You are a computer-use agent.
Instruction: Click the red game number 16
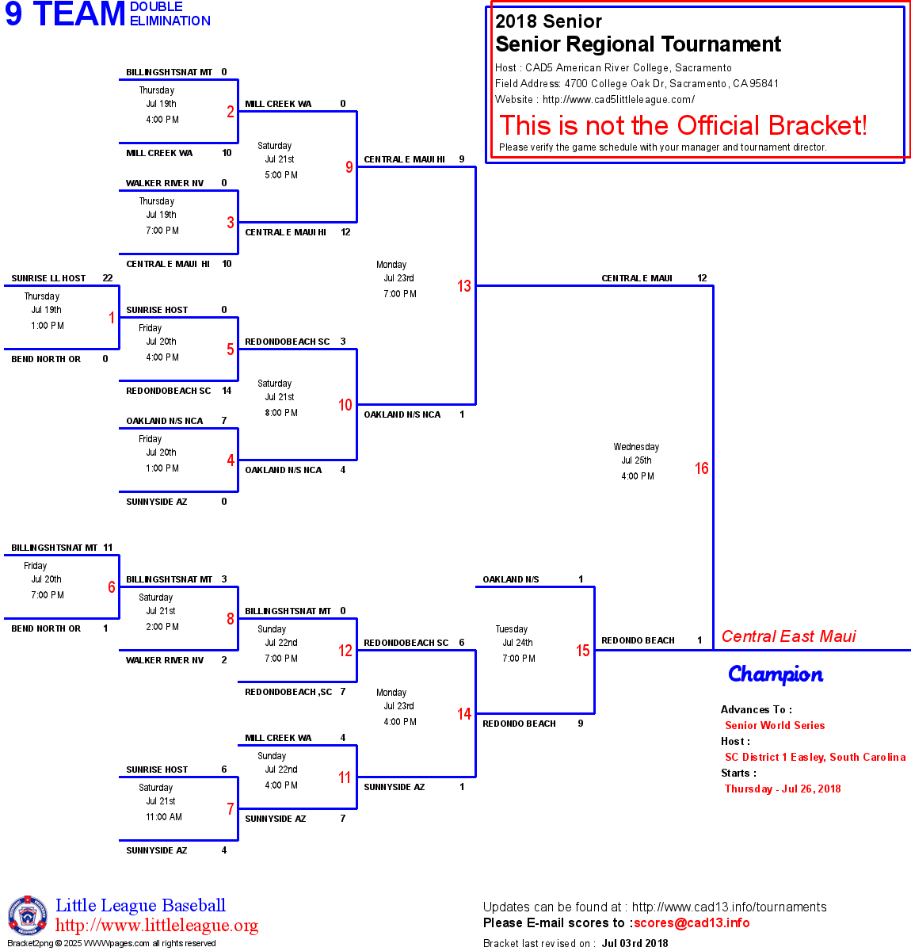(701, 468)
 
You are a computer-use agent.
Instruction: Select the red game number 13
(464, 286)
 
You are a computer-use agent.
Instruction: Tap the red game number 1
(112, 318)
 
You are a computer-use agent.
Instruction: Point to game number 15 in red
(583, 651)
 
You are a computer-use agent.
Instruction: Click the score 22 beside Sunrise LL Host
(108, 278)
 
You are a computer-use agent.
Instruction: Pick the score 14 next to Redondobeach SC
(227, 391)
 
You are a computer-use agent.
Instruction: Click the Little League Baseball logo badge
(28, 915)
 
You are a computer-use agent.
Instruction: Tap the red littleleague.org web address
(157, 926)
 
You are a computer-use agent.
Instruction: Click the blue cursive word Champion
(776, 674)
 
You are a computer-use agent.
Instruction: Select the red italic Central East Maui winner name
(788, 636)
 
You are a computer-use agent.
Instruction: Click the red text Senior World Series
(775, 725)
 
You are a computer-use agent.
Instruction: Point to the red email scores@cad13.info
(692, 922)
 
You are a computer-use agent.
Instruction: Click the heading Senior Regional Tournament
(638, 44)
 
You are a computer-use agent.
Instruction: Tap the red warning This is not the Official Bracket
(683, 125)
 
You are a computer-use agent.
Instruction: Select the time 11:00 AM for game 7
(164, 817)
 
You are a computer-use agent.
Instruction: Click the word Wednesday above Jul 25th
(636, 447)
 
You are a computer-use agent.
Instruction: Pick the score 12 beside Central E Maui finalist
(702, 278)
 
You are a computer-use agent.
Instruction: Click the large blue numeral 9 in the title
(13, 15)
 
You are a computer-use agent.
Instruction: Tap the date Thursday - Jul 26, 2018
(783, 789)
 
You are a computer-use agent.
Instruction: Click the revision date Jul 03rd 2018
(635, 943)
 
